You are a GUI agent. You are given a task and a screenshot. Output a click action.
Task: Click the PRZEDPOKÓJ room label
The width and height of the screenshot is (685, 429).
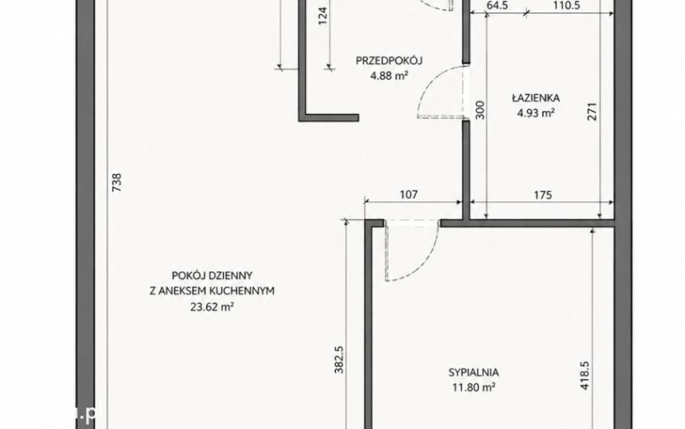coord(389,60)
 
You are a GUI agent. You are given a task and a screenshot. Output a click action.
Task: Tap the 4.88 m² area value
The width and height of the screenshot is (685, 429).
coord(389,76)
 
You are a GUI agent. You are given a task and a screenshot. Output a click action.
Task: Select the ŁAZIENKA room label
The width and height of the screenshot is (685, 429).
coord(536,98)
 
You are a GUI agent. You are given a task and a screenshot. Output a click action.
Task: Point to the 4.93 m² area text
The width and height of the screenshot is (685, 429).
coord(536,113)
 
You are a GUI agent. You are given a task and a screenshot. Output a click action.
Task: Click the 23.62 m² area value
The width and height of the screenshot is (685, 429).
coord(212,307)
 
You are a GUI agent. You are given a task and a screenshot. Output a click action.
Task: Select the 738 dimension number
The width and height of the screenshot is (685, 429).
coord(116,182)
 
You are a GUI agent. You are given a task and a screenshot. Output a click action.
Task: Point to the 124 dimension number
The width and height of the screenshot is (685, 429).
coord(323,16)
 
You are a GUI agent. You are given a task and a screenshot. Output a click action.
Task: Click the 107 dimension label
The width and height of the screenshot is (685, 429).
coord(409,194)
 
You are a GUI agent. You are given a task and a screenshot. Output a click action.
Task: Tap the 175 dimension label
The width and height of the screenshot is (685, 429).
coord(543,195)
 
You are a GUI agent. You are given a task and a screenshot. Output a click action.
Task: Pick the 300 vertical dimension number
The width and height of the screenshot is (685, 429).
coord(479,110)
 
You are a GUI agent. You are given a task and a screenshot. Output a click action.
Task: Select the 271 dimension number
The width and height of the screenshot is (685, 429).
coord(592,111)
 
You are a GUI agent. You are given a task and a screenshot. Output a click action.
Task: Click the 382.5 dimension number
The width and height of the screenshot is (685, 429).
coord(339,360)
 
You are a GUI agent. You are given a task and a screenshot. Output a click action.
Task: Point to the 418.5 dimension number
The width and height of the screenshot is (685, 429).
coord(585,375)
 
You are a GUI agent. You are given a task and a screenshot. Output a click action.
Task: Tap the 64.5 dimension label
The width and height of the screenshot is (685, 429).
coord(497,6)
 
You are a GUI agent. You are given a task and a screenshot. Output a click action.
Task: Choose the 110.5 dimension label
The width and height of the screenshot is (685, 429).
coord(566,6)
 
